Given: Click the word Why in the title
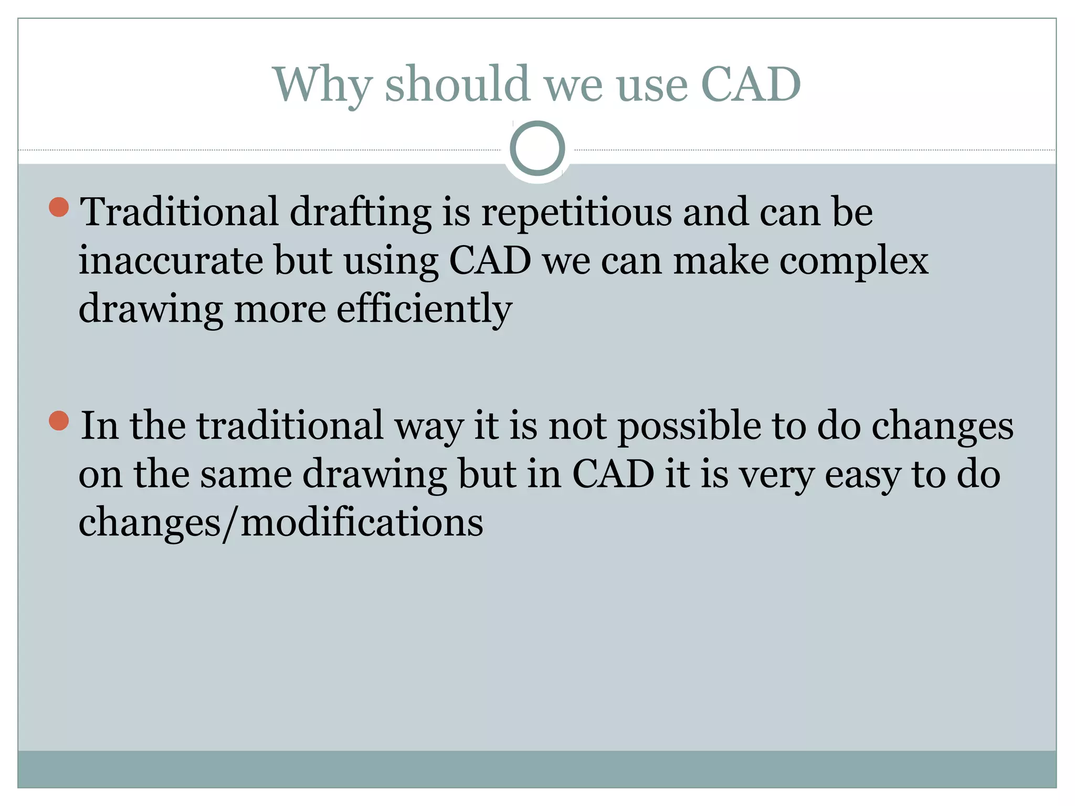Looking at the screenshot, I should click(322, 85).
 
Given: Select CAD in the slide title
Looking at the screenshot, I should click(751, 85).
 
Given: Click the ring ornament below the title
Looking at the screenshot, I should click(537, 149).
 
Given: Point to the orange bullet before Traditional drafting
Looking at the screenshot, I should click(59, 207).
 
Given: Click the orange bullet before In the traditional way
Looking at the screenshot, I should click(59, 421).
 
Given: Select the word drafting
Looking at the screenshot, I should click(361, 213).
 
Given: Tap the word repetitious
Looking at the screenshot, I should click(576, 213).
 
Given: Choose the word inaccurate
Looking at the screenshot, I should click(171, 261).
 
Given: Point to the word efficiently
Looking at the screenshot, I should click(424, 310).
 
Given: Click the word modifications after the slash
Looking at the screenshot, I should click(362, 523).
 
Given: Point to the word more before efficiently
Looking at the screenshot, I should click(280, 310).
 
